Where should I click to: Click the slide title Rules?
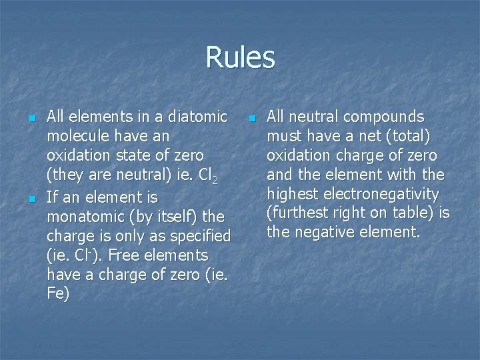240,57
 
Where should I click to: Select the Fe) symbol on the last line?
58,294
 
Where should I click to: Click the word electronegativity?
381,195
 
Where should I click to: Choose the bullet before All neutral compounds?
252,119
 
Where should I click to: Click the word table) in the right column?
413,214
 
